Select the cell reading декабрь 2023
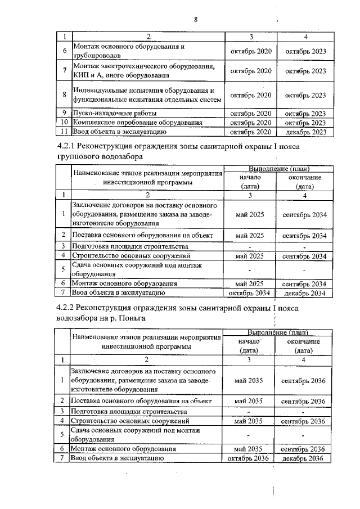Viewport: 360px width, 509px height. (305, 132)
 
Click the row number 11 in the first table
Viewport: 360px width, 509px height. (65, 132)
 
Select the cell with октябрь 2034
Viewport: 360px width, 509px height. (249, 293)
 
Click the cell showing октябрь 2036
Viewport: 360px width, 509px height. (249, 459)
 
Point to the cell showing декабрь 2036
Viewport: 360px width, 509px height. (304, 459)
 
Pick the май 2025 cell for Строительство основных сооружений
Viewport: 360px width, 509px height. (249, 256)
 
